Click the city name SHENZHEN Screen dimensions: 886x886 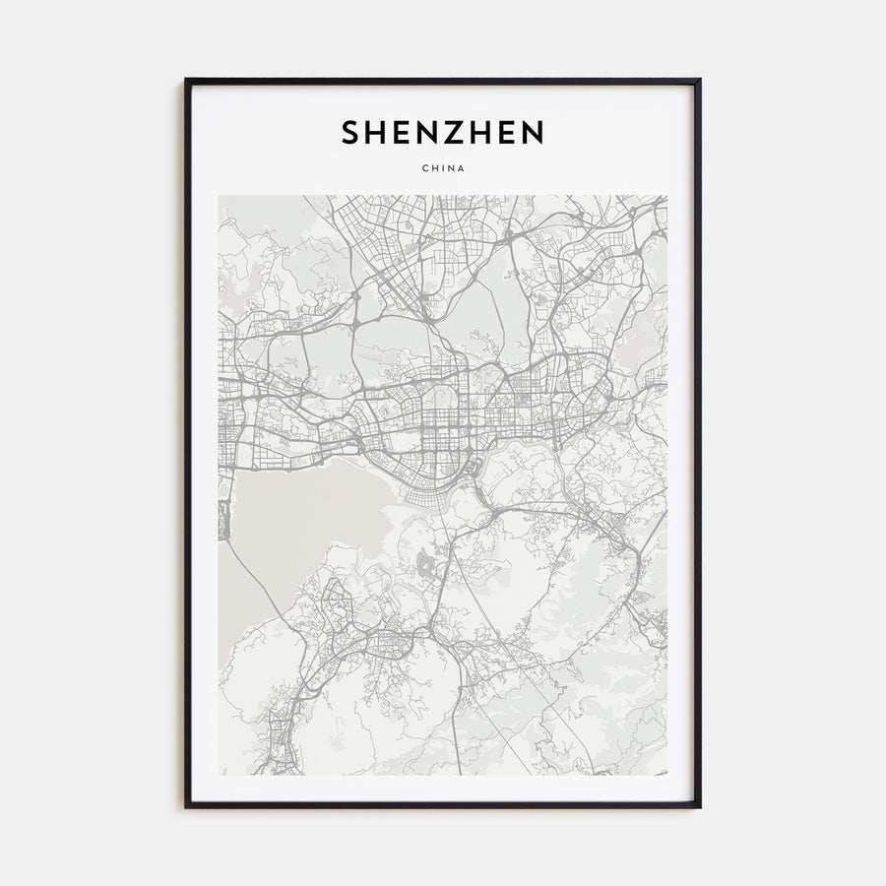(x=442, y=132)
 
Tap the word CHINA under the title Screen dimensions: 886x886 (x=442, y=168)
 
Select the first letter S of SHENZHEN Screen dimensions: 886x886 (x=350, y=132)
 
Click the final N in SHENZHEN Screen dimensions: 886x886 (x=534, y=132)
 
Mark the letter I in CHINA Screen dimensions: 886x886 (x=442, y=168)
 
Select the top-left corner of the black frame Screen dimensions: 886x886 (x=186, y=80)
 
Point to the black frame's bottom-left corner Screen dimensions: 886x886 (x=186, y=806)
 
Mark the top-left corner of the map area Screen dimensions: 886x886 (x=220, y=196)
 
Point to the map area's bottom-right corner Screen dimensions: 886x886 (x=666, y=774)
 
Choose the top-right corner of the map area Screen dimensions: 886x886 (x=666, y=196)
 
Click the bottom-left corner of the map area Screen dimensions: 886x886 (x=220, y=774)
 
